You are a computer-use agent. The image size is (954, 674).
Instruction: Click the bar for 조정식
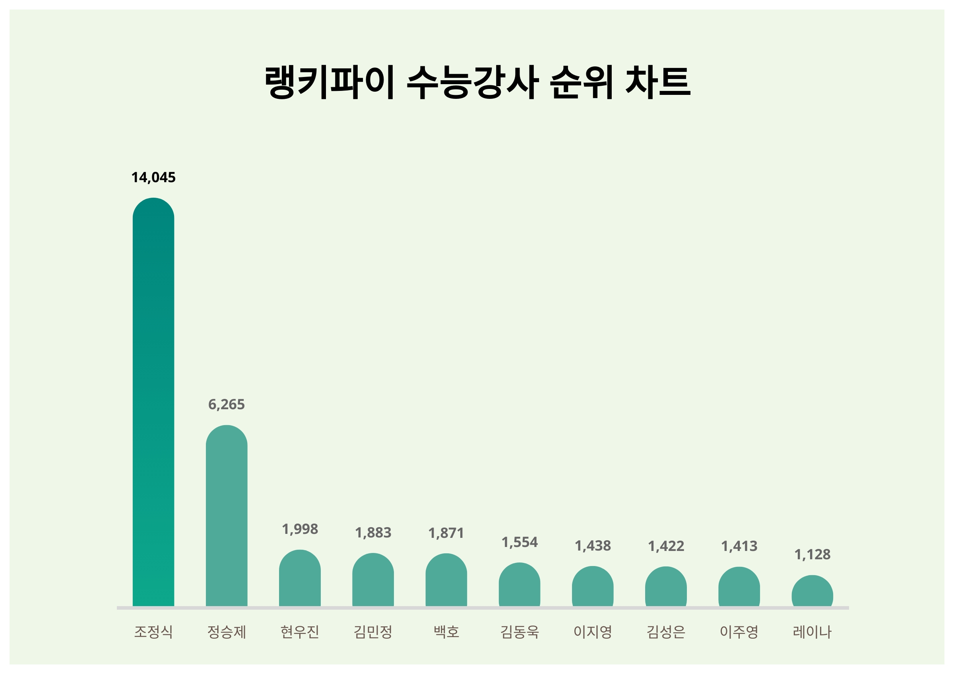[x=153, y=402]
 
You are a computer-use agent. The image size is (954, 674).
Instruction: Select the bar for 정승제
[x=227, y=516]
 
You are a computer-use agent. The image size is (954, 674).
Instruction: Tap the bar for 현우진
[x=300, y=579]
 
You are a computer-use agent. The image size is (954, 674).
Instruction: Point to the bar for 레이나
[x=812, y=591]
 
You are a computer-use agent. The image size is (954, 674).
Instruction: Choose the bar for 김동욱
[x=520, y=585]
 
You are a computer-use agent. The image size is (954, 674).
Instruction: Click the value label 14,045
[x=153, y=178]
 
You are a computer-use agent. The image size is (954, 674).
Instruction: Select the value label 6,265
[x=227, y=404]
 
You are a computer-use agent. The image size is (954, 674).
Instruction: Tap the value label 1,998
[x=300, y=529]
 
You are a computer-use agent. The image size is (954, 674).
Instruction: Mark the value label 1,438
[x=593, y=546]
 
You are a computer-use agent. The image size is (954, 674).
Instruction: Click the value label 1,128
[x=812, y=555]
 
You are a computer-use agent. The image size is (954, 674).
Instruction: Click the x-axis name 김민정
[x=373, y=632]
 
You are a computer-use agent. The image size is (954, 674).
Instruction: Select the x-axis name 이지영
[x=593, y=632]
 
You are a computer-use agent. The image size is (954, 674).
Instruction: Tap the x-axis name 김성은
[x=666, y=632]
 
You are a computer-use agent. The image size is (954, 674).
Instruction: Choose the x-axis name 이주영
[x=739, y=632]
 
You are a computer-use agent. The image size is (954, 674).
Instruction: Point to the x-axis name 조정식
[x=153, y=632]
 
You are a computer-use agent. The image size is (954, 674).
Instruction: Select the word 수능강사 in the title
[x=473, y=82]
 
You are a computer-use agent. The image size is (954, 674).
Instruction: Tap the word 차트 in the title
[x=658, y=82]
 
